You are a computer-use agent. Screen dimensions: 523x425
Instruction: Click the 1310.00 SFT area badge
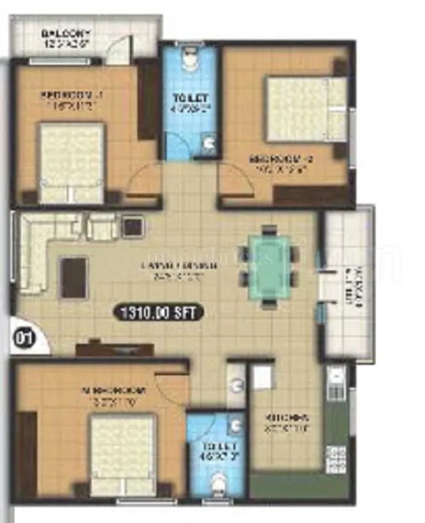[158, 312]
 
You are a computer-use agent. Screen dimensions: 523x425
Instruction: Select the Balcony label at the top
[66, 34]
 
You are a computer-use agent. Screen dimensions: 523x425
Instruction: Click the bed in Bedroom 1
[71, 163]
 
